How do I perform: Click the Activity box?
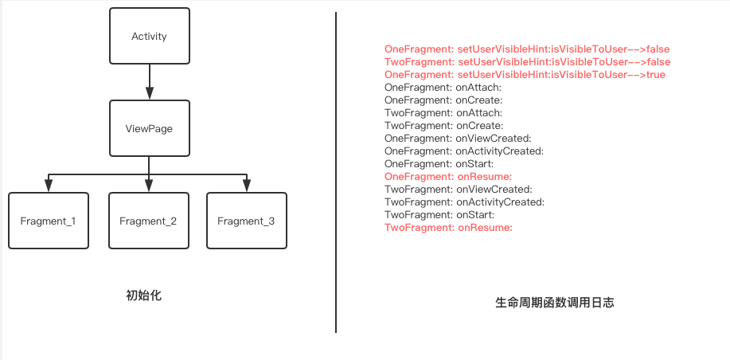tap(149, 37)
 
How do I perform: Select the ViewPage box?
tap(149, 128)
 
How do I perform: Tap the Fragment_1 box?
tap(48, 221)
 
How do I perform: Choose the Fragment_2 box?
tap(148, 221)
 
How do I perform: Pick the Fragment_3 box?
tap(246, 221)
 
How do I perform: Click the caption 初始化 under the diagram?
tap(143, 295)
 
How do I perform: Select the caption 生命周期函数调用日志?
tap(554, 303)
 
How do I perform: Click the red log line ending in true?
tap(525, 75)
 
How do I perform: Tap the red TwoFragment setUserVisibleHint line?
tap(527, 62)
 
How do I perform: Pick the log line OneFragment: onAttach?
tap(443, 88)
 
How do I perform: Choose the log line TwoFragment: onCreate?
tap(443, 126)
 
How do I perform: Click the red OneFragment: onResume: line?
tap(447, 177)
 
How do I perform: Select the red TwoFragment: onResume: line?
tap(447, 228)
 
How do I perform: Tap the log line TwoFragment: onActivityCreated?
tap(464, 202)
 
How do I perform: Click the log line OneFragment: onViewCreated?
tap(458, 139)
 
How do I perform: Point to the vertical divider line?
tap(336, 172)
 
